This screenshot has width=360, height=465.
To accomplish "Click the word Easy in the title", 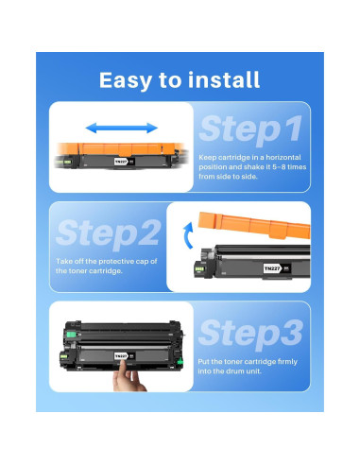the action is [126, 80].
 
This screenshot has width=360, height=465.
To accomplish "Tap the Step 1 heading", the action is [251, 129].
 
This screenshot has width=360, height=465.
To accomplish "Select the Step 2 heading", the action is [109, 233].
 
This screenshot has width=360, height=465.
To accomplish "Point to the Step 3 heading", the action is [250, 334].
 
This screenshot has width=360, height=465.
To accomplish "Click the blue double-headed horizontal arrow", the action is [122, 128].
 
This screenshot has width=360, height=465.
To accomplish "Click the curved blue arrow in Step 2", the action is [188, 235].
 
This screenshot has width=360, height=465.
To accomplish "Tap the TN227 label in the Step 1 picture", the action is [121, 162].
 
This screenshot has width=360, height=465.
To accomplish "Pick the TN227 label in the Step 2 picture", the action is [273, 268].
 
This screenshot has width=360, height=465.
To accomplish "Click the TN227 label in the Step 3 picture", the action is [121, 356].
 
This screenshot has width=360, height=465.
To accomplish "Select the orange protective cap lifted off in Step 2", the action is [254, 225].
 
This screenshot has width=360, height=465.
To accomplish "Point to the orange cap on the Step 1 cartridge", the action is [121, 149].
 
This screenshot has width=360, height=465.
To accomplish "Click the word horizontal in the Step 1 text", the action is [283, 158].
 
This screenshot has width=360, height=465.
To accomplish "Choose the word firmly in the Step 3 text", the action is [287, 362].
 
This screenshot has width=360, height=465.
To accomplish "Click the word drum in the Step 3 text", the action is [235, 371].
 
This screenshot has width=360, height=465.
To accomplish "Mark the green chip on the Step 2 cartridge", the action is [199, 269].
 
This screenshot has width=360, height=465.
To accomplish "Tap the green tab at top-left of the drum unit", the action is [72, 335].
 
